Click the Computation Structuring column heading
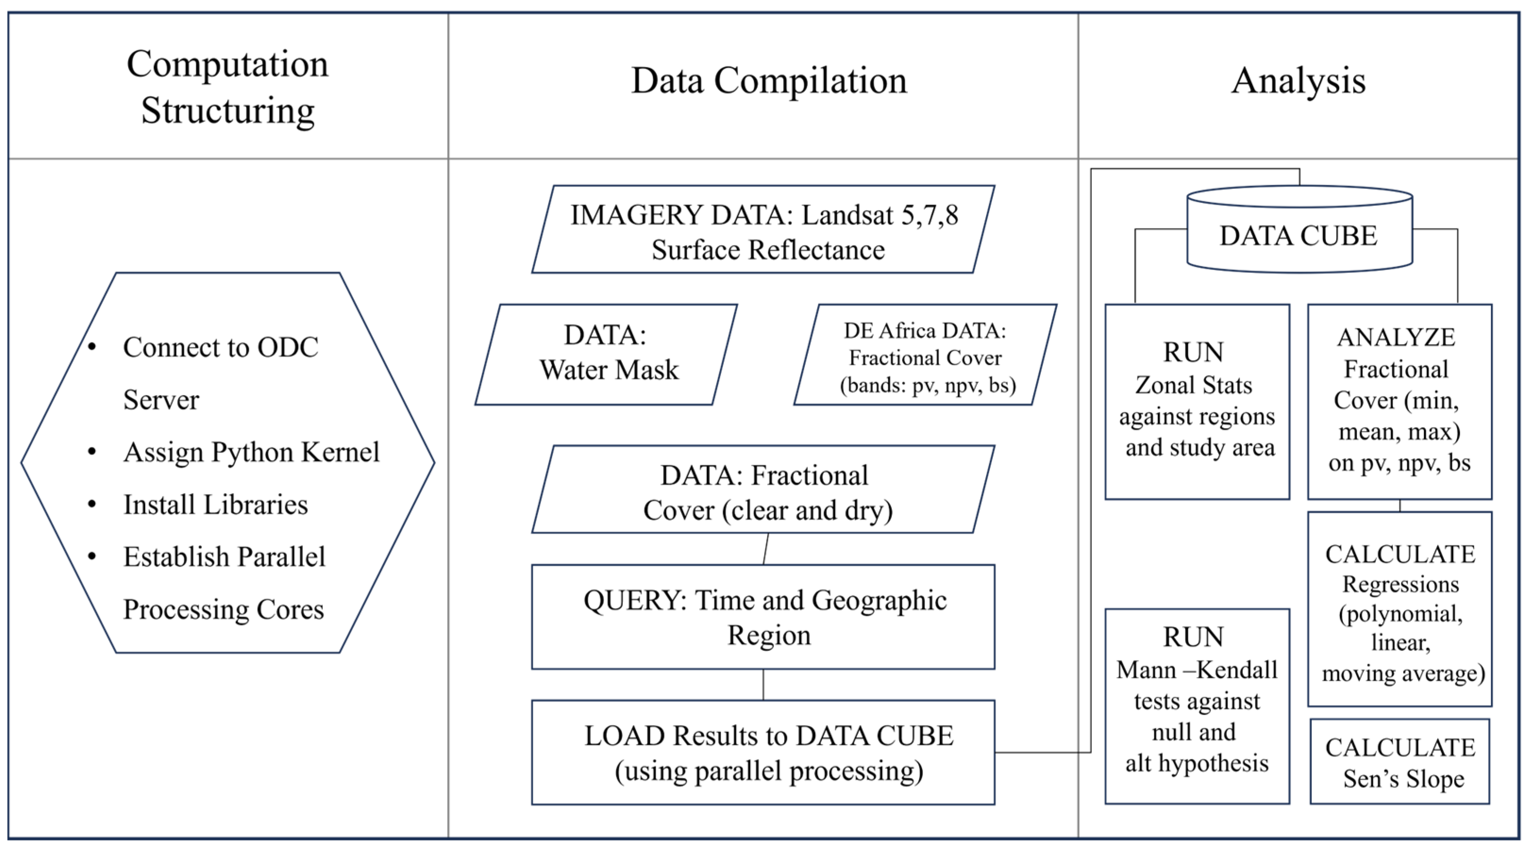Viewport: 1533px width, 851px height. tap(227, 87)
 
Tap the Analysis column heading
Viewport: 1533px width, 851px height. tap(1298, 81)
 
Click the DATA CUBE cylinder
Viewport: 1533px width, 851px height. tap(1298, 235)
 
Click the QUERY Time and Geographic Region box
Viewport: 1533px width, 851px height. tap(763, 617)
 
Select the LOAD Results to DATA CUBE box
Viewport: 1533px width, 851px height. tap(763, 752)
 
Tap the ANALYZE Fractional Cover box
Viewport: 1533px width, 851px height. tap(1399, 401)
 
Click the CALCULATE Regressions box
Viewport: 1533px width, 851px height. tap(1399, 609)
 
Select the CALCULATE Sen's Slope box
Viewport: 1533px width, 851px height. tap(1399, 762)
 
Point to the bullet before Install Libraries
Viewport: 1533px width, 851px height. tap(92, 504)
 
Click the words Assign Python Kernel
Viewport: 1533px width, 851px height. tap(251, 452)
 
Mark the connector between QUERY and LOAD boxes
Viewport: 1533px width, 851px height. tap(763, 685)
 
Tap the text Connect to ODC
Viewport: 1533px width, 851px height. tap(220, 347)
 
